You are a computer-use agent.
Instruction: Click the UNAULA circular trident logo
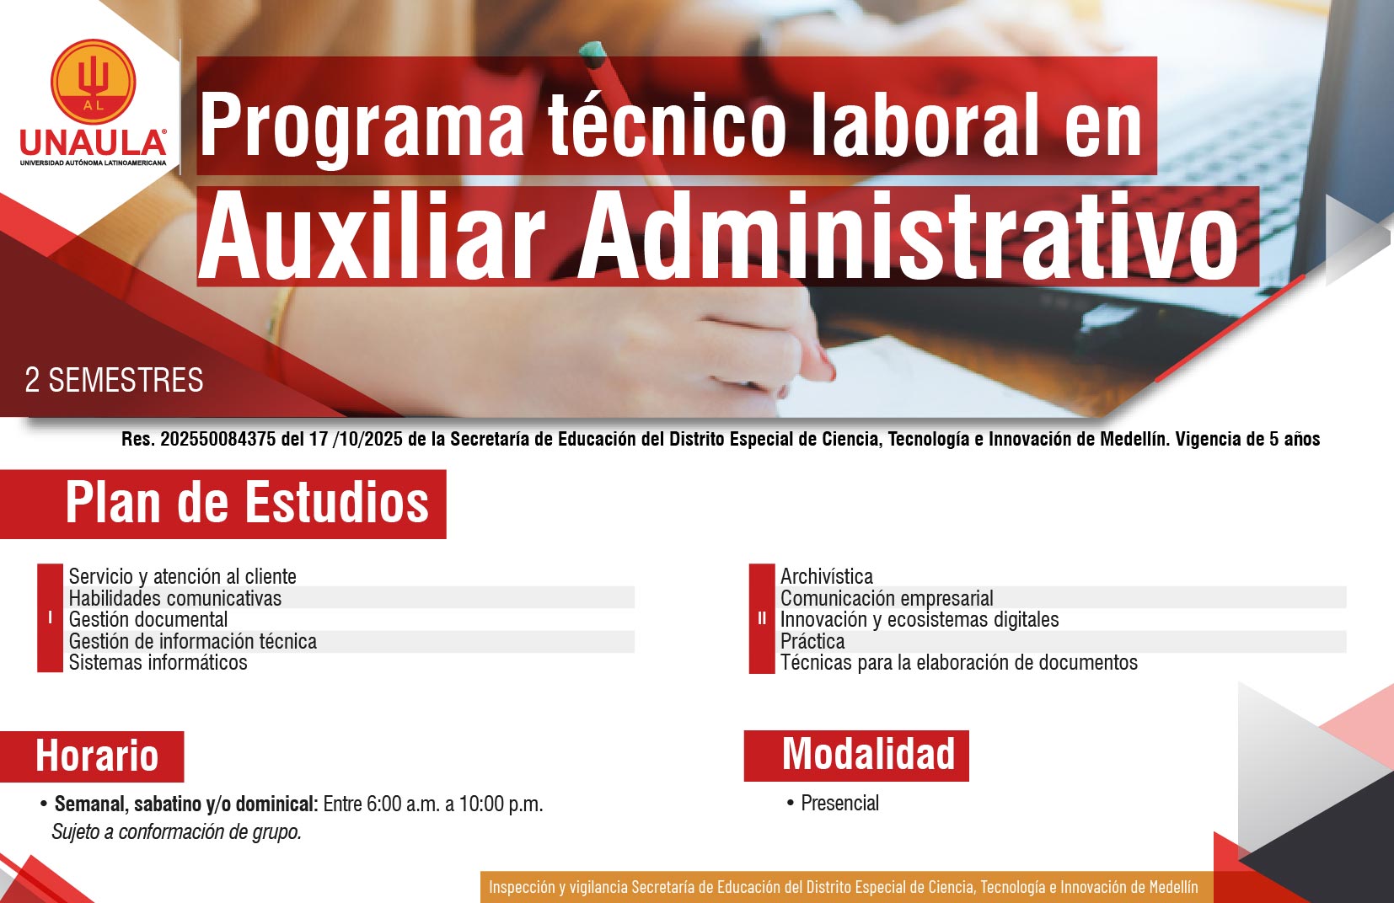click(93, 82)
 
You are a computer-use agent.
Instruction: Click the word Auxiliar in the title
click(373, 237)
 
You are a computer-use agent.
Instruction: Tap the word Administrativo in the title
click(909, 237)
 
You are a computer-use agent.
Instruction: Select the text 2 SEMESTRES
click(114, 381)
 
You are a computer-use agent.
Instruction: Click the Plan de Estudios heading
click(247, 504)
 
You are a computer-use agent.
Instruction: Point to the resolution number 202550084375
click(218, 440)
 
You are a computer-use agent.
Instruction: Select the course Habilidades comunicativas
click(175, 598)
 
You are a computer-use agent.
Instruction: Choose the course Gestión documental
click(148, 619)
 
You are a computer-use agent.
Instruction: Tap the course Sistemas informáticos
click(158, 663)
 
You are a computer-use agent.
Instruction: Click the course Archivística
click(826, 576)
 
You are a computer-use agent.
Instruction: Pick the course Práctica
click(812, 641)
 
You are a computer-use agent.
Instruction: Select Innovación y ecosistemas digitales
click(919, 619)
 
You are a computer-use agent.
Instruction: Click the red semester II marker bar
click(761, 618)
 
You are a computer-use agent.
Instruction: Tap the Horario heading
click(97, 756)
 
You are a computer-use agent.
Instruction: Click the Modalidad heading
click(868, 754)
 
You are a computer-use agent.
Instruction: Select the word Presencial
click(839, 803)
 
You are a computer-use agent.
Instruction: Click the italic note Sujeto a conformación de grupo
click(176, 831)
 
